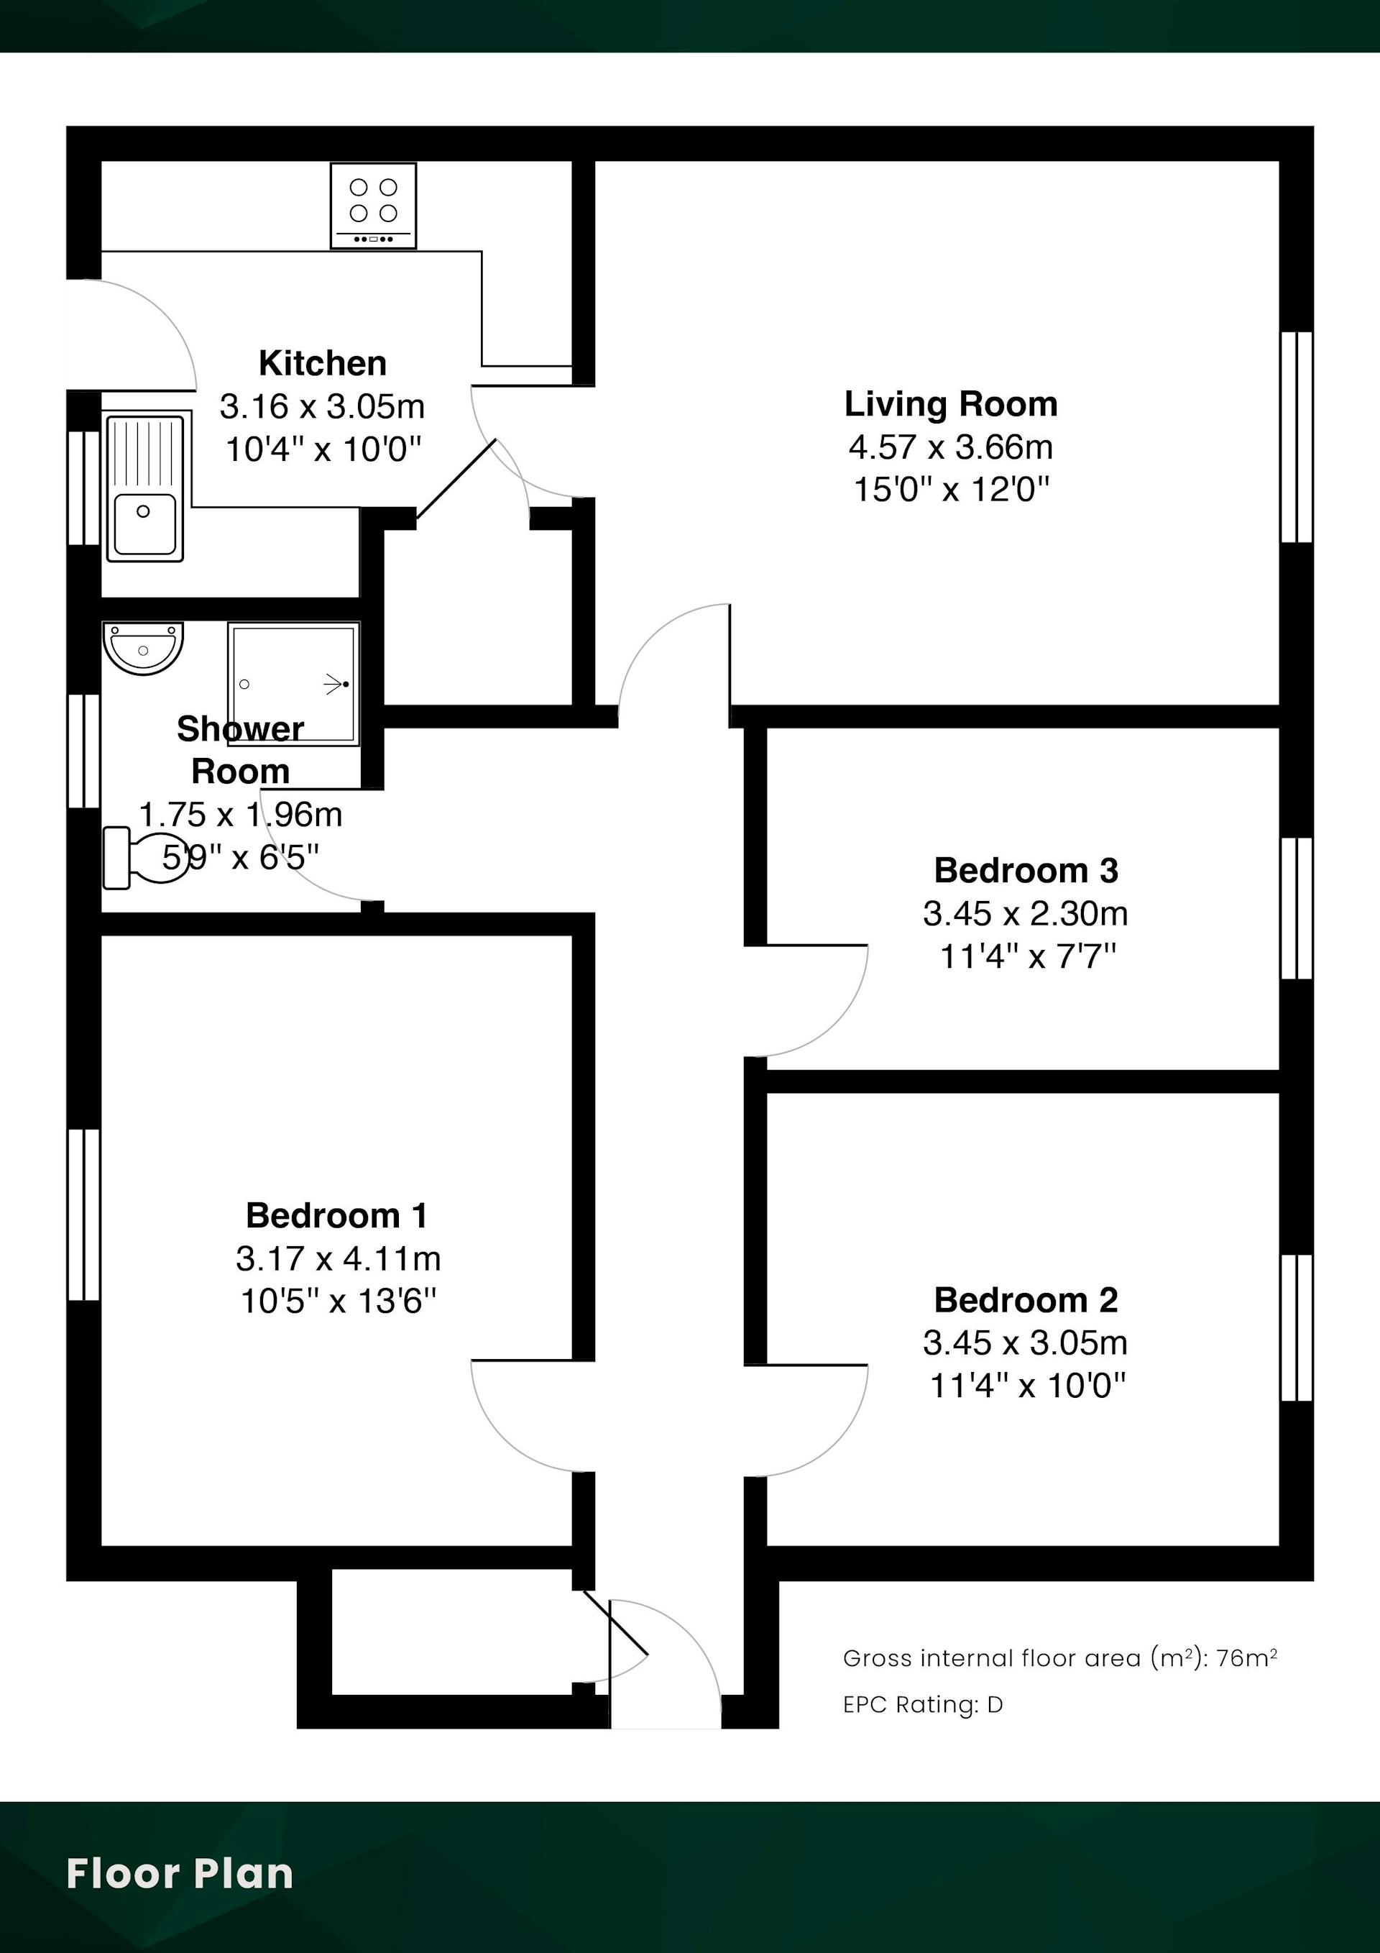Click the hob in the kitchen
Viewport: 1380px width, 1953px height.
point(373,206)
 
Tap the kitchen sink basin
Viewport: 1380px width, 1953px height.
point(144,523)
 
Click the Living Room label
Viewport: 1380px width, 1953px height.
point(951,404)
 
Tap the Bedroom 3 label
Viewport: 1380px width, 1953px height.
point(1026,870)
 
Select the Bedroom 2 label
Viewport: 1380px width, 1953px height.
point(1026,1300)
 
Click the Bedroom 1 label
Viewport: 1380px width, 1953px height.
point(336,1215)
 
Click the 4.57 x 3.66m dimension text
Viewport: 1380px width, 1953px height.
point(951,447)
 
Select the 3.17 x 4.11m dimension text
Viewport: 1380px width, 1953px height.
point(339,1258)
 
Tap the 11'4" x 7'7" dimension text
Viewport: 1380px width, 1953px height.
point(1027,957)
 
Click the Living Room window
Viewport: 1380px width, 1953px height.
point(1297,437)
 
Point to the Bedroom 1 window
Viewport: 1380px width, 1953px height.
point(84,1215)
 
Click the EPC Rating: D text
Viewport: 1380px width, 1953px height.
point(924,1705)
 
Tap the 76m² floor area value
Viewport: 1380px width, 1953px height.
point(1246,1658)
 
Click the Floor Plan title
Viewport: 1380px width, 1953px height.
point(180,1873)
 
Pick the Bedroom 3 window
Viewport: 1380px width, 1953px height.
point(1297,908)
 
